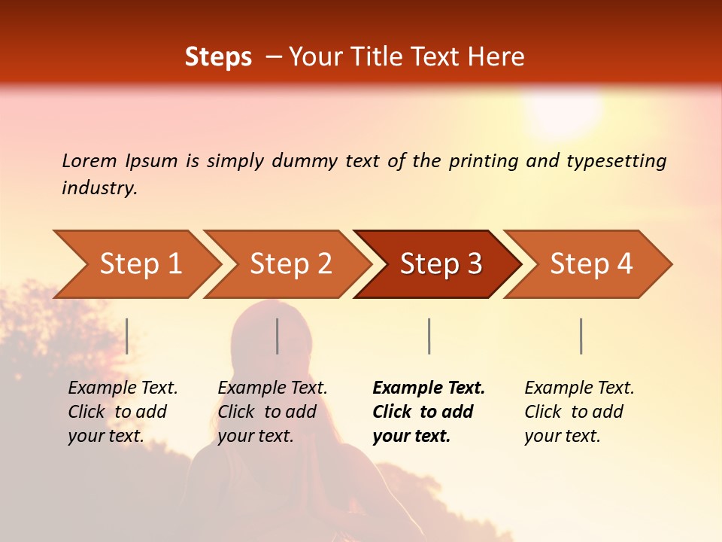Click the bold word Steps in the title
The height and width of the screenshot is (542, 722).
[x=218, y=57]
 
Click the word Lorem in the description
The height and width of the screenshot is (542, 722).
[x=89, y=160]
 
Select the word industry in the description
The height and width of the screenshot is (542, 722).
[x=99, y=188]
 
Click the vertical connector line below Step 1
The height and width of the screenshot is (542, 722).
[x=127, y=336]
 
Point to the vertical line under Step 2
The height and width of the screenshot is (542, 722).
[x=278, y=336]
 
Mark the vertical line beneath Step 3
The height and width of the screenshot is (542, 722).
[x=429, y=336]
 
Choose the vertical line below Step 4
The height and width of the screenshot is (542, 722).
[x=581, y=336]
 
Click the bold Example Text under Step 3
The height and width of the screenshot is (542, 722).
[x=429, y=388]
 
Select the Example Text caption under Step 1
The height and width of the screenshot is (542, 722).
[x=123, y=388]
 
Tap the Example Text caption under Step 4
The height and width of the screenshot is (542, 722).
[x=579, y=388]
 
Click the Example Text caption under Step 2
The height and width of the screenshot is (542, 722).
[x=272, y=388]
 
